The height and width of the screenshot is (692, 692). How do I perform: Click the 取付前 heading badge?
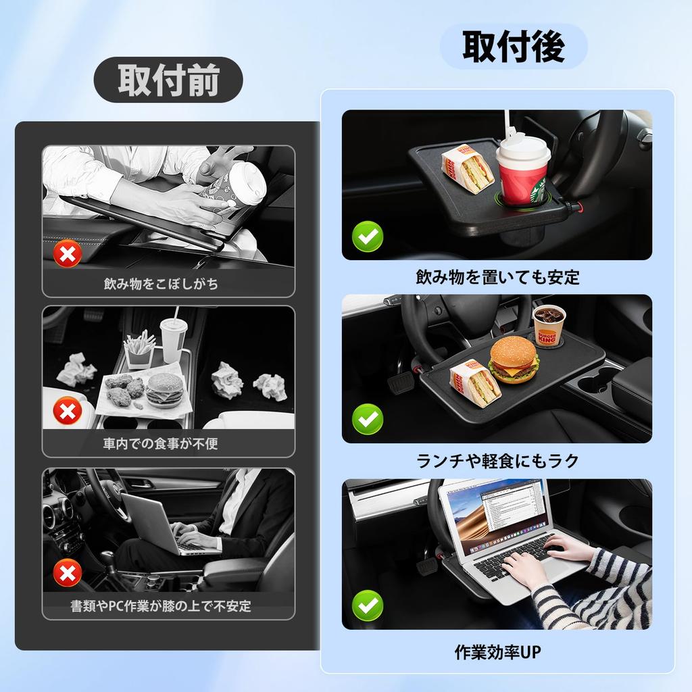pyautogui.click(x=168, y=80)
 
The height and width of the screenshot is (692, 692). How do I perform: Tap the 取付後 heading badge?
pyautogui.click(x=514, y=46)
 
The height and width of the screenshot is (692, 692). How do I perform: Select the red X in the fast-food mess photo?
pyautogui.click(x=68, y=411)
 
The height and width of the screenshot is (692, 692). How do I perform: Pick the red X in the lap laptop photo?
pyautogui.click(x=68, y=574)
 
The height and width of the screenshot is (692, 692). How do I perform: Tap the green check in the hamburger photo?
pyautogui.click(x=368, y=419)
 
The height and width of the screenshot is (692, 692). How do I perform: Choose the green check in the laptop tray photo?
pyautogui.click(x=368, y=603)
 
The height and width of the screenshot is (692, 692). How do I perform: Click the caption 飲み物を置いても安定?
pyautogui.click(x=497, y=277)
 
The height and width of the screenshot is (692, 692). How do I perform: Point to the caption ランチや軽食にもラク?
pyautogui.click(x=497, y=461)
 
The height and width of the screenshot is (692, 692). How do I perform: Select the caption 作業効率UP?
pyautogui.click(x=497, y=653)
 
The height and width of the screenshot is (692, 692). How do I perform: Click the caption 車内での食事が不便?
pyautogui.click(x=160, y=444)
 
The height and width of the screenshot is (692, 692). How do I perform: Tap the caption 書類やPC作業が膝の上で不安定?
pyautogui.click(x=160, y=606)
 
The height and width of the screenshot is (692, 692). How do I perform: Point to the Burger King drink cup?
pyautogui.click(x=549, y=325)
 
